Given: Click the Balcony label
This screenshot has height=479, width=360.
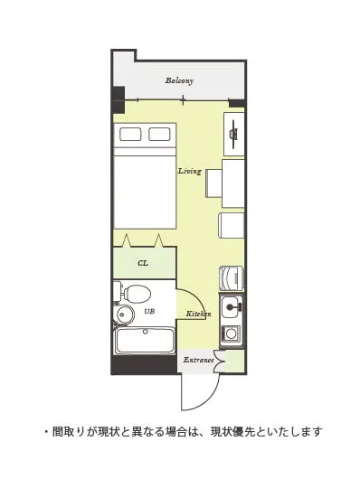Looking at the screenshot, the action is (x=179, y=81).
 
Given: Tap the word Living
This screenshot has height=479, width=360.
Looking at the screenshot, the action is (x=190, y=171).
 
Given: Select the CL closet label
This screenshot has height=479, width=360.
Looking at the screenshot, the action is (x=143, y=263).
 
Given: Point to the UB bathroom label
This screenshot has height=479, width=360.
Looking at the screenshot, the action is (x=149, y=311).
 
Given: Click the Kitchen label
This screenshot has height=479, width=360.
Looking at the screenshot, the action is (x=198, y=314).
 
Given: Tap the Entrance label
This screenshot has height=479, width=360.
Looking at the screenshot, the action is (x=198, y=361).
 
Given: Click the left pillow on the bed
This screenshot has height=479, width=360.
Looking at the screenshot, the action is (x=130, y=135).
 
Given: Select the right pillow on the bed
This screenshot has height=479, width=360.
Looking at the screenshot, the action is (x=159, y=135).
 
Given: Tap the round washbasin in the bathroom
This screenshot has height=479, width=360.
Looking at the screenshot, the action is (x=126, y=315).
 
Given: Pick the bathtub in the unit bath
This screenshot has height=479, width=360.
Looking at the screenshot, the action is (x=145, y=341).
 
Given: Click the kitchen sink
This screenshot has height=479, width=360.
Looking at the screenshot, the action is (x=232, y=307).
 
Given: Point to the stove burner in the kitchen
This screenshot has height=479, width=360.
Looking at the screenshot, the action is (x=232, y=333).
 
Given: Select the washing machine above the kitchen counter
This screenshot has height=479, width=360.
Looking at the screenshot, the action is (x=232, y=278).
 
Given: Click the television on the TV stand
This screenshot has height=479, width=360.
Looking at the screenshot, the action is (x=234, y=134).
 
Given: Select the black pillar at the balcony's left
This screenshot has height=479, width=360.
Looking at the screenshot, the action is (x=118, y=100).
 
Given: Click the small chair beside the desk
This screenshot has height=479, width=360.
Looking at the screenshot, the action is (x=213, y=183).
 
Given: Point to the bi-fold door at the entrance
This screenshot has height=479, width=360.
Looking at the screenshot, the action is (x=220, y=362).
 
